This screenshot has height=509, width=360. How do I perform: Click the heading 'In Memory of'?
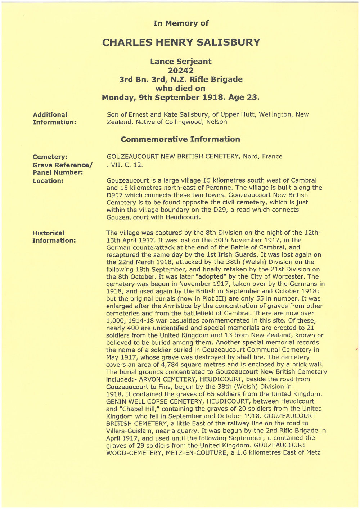pos(181,23)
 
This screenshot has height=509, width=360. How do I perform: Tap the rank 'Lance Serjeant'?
pos(181,61)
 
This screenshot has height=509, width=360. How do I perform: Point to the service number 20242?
pos(181,71)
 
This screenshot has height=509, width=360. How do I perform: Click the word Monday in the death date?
pos(119,98)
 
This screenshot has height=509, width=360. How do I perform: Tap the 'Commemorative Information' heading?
pos(180,139)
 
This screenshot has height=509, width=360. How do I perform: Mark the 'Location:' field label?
pos(48,181)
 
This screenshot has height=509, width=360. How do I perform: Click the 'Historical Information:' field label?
pos(54,237)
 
